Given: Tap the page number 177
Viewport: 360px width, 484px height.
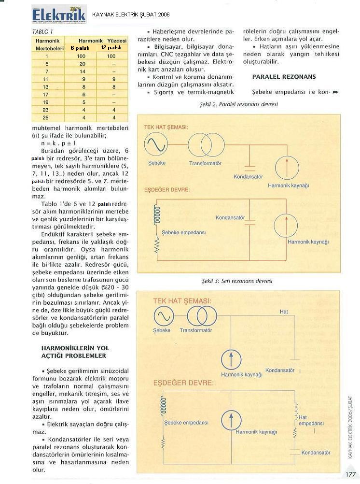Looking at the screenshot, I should click(350, 475).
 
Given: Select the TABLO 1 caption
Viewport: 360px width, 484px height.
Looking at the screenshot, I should click(42, 31).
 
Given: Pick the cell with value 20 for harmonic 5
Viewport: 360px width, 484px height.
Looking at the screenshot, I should click(83, 64).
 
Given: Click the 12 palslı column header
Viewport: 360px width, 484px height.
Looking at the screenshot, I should click(111, 48).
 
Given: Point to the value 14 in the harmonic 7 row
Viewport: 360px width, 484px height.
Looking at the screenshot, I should click(83, 71).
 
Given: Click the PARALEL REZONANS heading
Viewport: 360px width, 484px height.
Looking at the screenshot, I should click(277, 77).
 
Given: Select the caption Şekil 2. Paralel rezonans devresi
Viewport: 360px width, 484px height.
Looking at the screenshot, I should click(238, 104).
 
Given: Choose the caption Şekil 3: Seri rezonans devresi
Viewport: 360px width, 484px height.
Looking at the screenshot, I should click(237, 281).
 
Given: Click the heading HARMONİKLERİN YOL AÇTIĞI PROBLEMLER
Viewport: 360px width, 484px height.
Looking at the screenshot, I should click(75, 352).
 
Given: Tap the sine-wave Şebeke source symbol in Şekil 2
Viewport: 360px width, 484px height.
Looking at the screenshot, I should click(156, 145).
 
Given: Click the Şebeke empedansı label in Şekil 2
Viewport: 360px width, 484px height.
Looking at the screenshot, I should click(183, 232).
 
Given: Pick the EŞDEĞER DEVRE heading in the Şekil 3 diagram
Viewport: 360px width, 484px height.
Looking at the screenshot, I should click(183, 383).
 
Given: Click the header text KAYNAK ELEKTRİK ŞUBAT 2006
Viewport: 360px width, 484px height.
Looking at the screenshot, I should click(131, 15).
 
